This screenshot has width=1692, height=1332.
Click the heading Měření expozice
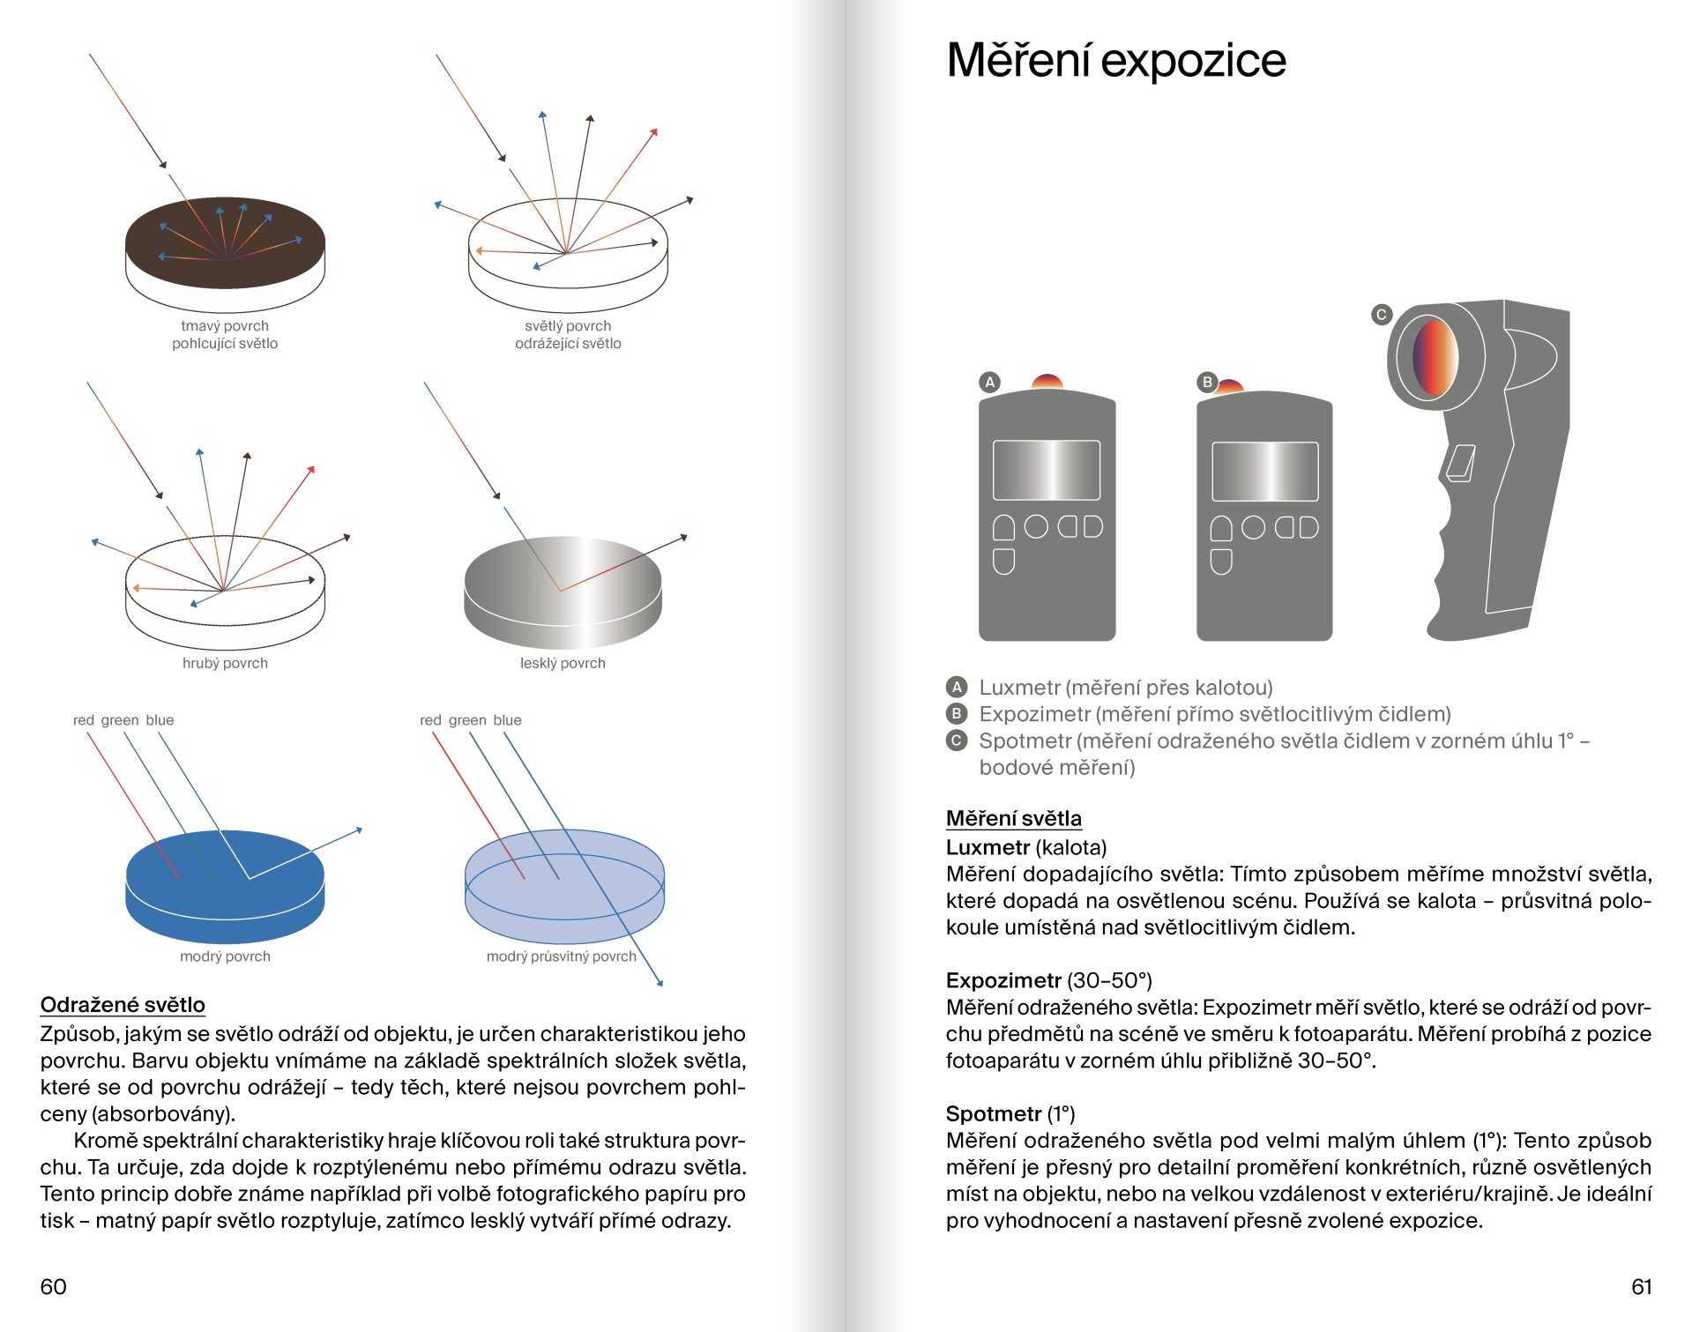point(1115,60)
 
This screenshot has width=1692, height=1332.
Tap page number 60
point(53,1286)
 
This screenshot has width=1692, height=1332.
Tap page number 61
point(1641,1286)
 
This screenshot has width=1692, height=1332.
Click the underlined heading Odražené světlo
point(123,1005)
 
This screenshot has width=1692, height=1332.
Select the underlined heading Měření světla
point(1013,818)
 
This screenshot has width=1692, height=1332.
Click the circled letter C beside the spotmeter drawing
point(1382,314)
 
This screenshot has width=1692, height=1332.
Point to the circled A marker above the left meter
point(989,382)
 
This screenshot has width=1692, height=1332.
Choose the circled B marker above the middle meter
point(1207,382)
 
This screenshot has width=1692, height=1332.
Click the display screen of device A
point(1047,471)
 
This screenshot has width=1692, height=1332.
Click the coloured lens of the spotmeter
point(1435,357)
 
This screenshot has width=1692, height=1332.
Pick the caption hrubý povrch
point(225,663)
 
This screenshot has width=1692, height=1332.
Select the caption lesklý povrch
point(563,663)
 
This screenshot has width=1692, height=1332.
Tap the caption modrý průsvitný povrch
point(561,956)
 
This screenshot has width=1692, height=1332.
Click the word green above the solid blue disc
point(119,720)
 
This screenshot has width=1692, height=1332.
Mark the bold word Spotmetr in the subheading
point(994,1113)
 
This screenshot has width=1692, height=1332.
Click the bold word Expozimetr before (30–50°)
point(1003,980)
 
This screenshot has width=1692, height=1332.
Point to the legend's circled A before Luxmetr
point(957,687)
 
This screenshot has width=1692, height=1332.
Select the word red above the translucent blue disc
point(430,720)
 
